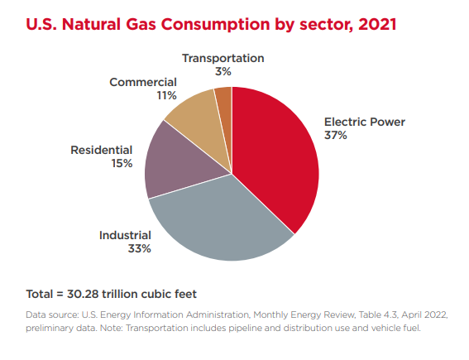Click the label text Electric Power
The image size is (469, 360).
[x=364, y=122]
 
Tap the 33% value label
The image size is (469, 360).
[x=139, y=248]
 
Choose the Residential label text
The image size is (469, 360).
[x=101, y=150]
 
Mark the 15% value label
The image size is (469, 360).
[x=122, y=163]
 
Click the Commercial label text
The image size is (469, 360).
[x=143, y=82]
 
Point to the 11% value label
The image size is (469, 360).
[x=166, y=95]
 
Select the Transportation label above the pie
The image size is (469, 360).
[x=223, y=58]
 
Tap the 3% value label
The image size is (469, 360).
[x=223, y=72]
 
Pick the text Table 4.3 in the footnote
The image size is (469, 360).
[x=345, y=315]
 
